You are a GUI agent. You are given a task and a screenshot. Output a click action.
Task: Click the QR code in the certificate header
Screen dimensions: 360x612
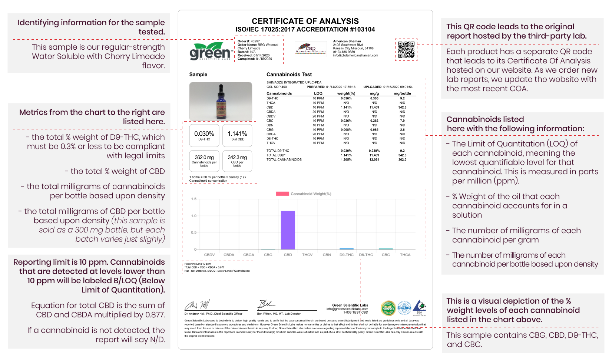click(406, 50)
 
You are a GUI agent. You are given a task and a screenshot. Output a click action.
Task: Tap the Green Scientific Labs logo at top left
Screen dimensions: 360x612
click(210, 51)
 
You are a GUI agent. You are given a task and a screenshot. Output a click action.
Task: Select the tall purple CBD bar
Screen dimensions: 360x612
click(288, 230)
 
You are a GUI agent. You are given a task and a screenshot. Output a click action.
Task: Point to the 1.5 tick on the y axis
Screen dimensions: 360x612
click(194, 199)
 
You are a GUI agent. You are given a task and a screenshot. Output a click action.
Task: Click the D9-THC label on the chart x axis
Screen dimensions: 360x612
click(346, 255)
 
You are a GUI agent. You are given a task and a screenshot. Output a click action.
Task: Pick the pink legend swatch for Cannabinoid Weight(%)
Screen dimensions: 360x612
click(282, 194)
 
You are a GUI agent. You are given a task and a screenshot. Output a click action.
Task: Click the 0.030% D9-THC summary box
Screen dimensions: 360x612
click(204, 135)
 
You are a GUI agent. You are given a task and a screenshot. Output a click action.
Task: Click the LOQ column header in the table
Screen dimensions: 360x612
click(318, 93)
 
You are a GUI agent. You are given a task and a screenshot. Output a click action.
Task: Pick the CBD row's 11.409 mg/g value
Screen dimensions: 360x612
click(374, 108)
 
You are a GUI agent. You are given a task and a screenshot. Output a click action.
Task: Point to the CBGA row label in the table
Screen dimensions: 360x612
click(271, 134)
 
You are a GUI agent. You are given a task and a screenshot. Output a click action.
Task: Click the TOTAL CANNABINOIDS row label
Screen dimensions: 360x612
click(284, 160)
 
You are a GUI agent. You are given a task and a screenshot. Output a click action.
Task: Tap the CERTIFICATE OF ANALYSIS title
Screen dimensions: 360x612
click(305, 21)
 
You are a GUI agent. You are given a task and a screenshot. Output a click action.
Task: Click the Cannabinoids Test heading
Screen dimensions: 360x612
click(289, 75)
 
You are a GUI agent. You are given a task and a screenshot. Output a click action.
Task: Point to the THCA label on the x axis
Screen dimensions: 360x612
click(405, 255)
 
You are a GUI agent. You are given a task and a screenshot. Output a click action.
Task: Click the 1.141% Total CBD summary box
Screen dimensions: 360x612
click(237, 135)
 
